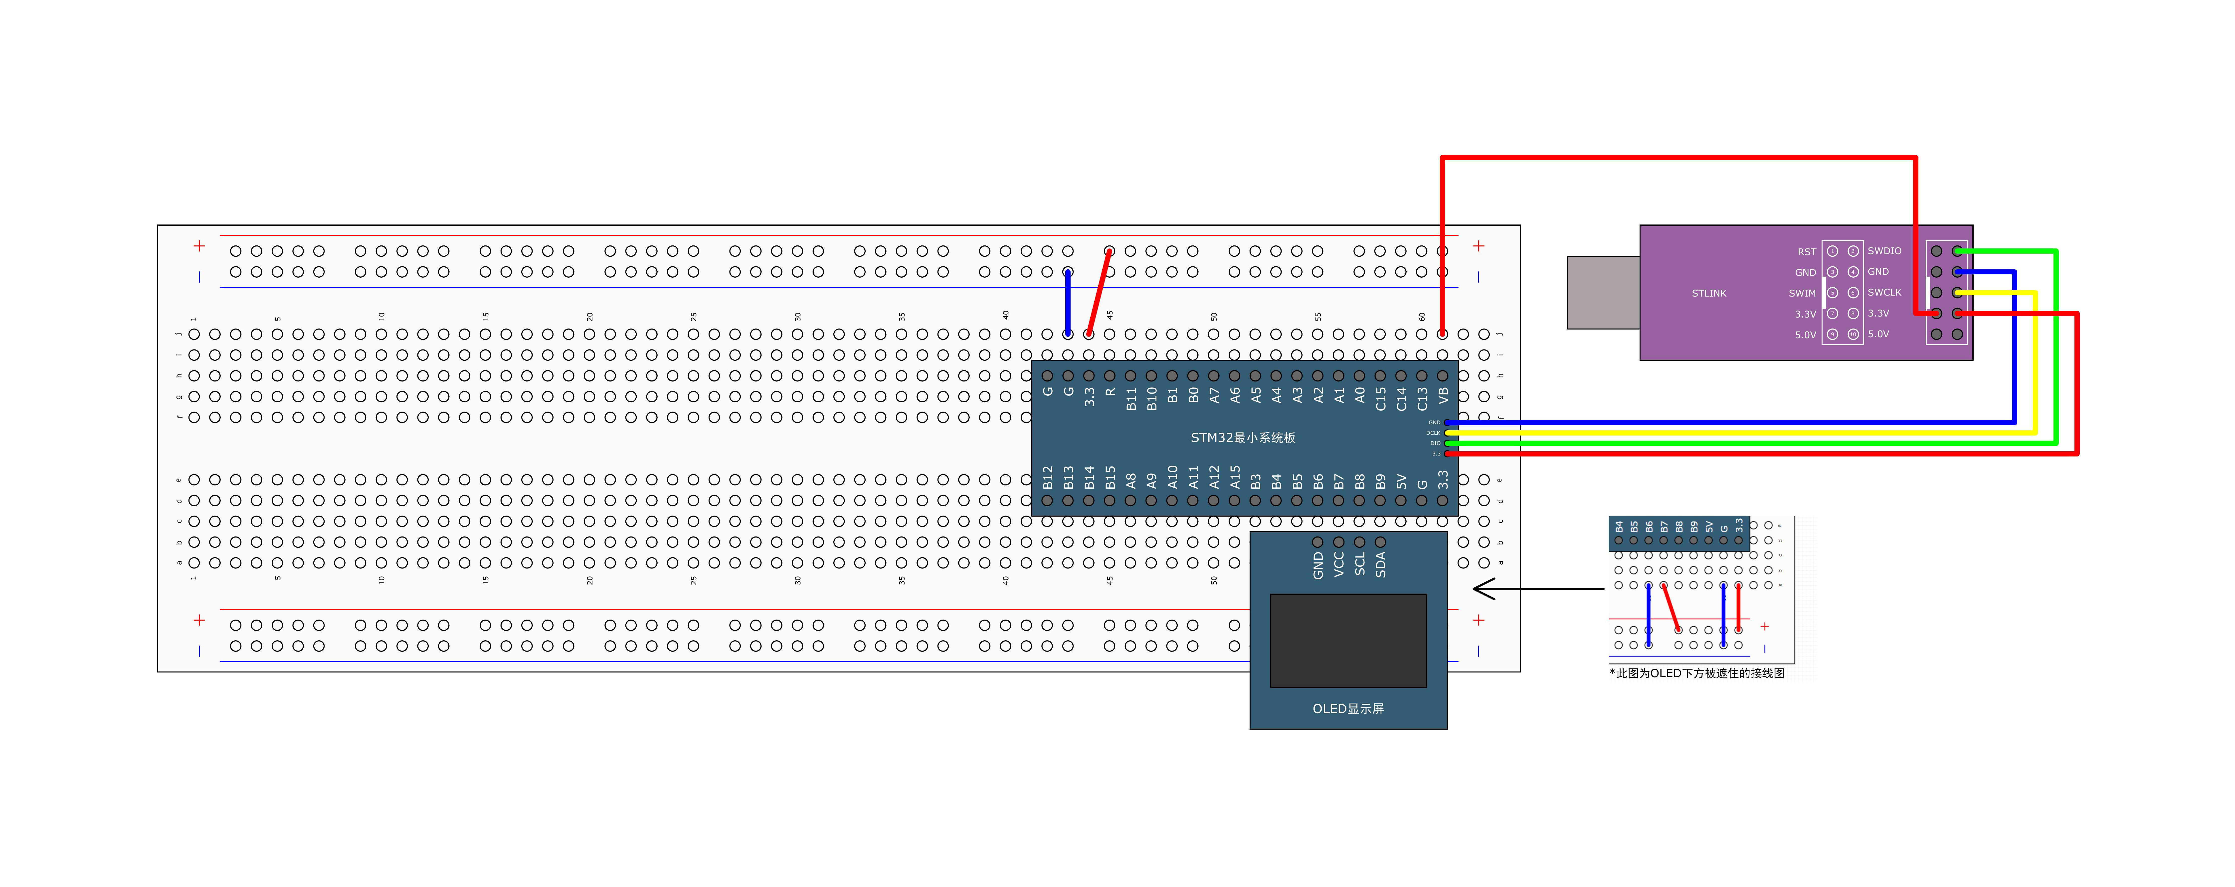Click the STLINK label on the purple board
click(1708, 293)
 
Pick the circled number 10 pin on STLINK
click(1852, 334)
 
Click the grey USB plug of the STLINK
click(1603, 292)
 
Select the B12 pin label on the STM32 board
click(1047, 478)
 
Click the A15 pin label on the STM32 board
click(1235, 478)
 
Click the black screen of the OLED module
click(1347, 640)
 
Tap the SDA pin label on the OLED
click(1380, 563)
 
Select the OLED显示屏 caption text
click(1347, 708)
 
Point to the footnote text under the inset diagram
click(1696, 673)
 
